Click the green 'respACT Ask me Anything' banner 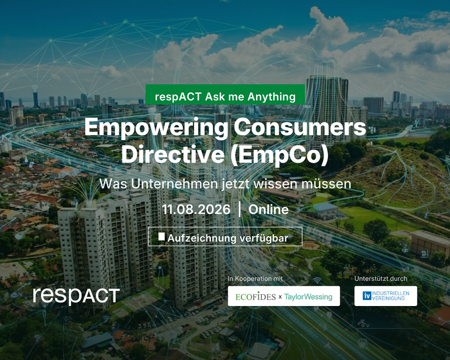(x=225, y=94)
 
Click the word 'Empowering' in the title (x=156, y=128)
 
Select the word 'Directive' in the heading (x=173, y=154)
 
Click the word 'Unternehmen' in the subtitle (x=175, y=184)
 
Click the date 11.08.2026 (x=196, y=209)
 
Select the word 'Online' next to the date (x=268, y=209)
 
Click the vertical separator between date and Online (x=240, y=209)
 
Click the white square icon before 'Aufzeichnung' (x=161, y=236)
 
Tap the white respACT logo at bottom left (x=76, y=296)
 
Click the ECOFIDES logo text (x=255, y=296)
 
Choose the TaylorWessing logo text (x=308, y=296)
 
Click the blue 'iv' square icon (x=367, y=296)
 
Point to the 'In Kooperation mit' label (x=255, y=278)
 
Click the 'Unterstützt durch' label (x=381, y=278)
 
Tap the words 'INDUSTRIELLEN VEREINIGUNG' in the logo (x=390, y=296)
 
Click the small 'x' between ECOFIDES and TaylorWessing (x=280, y=297)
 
